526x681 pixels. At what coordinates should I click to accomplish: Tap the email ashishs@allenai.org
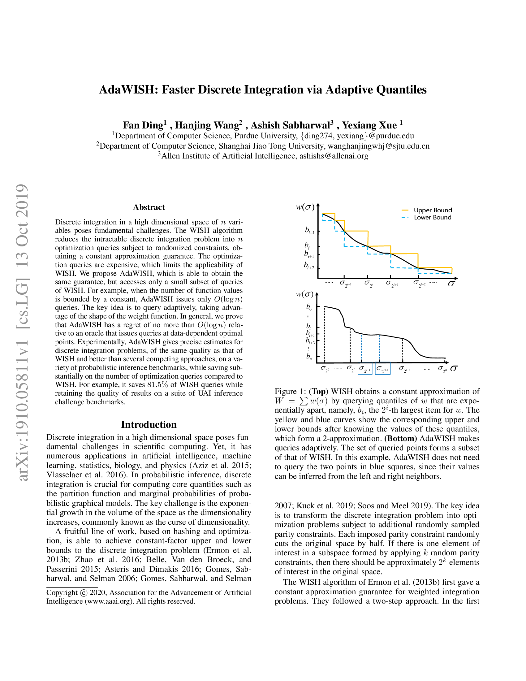pyautogui.click(x=334, y=156)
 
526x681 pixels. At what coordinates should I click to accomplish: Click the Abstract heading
pyautogui.click(x=149, y=207)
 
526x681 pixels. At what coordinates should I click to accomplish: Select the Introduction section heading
pyautogui.click(x=149, y=424)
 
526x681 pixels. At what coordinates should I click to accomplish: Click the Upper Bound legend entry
pyautogui.click(x=432, y=210)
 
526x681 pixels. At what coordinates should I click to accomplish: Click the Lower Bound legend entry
pyautogui.click(x=432, y=217)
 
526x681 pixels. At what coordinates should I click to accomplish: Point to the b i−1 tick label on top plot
pyautogui.click(x=309, y=231)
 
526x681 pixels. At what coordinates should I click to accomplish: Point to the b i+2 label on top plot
pyautogui.click(x=309, y=266)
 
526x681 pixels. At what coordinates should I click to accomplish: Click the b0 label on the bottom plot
pyautogui.click(x=308, y=307)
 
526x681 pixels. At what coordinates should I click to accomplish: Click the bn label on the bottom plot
pyautogui.click(x=308, y=356)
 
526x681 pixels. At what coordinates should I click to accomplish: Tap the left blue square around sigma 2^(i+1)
pyautogui.click(x=365, y=369)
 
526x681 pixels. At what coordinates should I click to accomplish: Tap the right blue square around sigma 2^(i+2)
pyautogui.click(x=383, y=369)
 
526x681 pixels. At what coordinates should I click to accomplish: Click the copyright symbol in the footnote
pyautogui.click(x=84, y=593)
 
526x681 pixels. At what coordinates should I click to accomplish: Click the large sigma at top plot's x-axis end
pyautogui.click(x=451, y=284)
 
